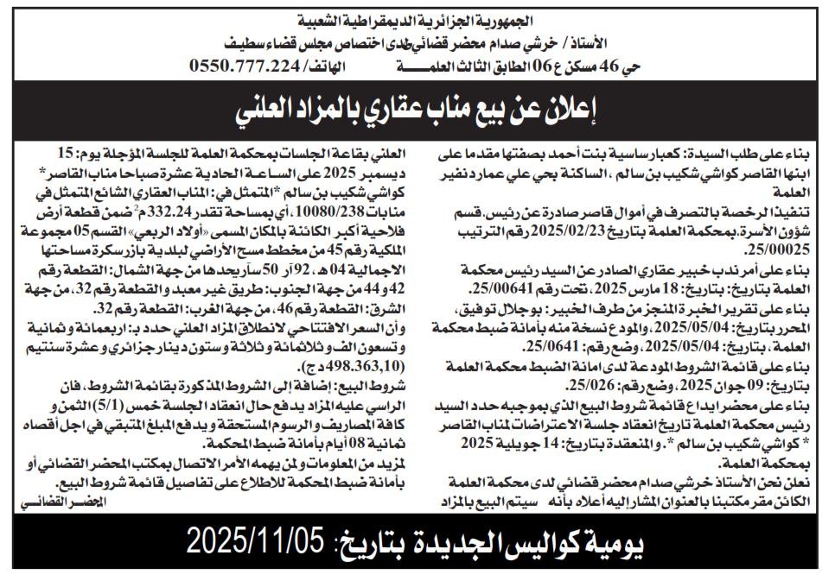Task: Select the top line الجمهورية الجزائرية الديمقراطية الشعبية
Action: (x=417, y=18)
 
